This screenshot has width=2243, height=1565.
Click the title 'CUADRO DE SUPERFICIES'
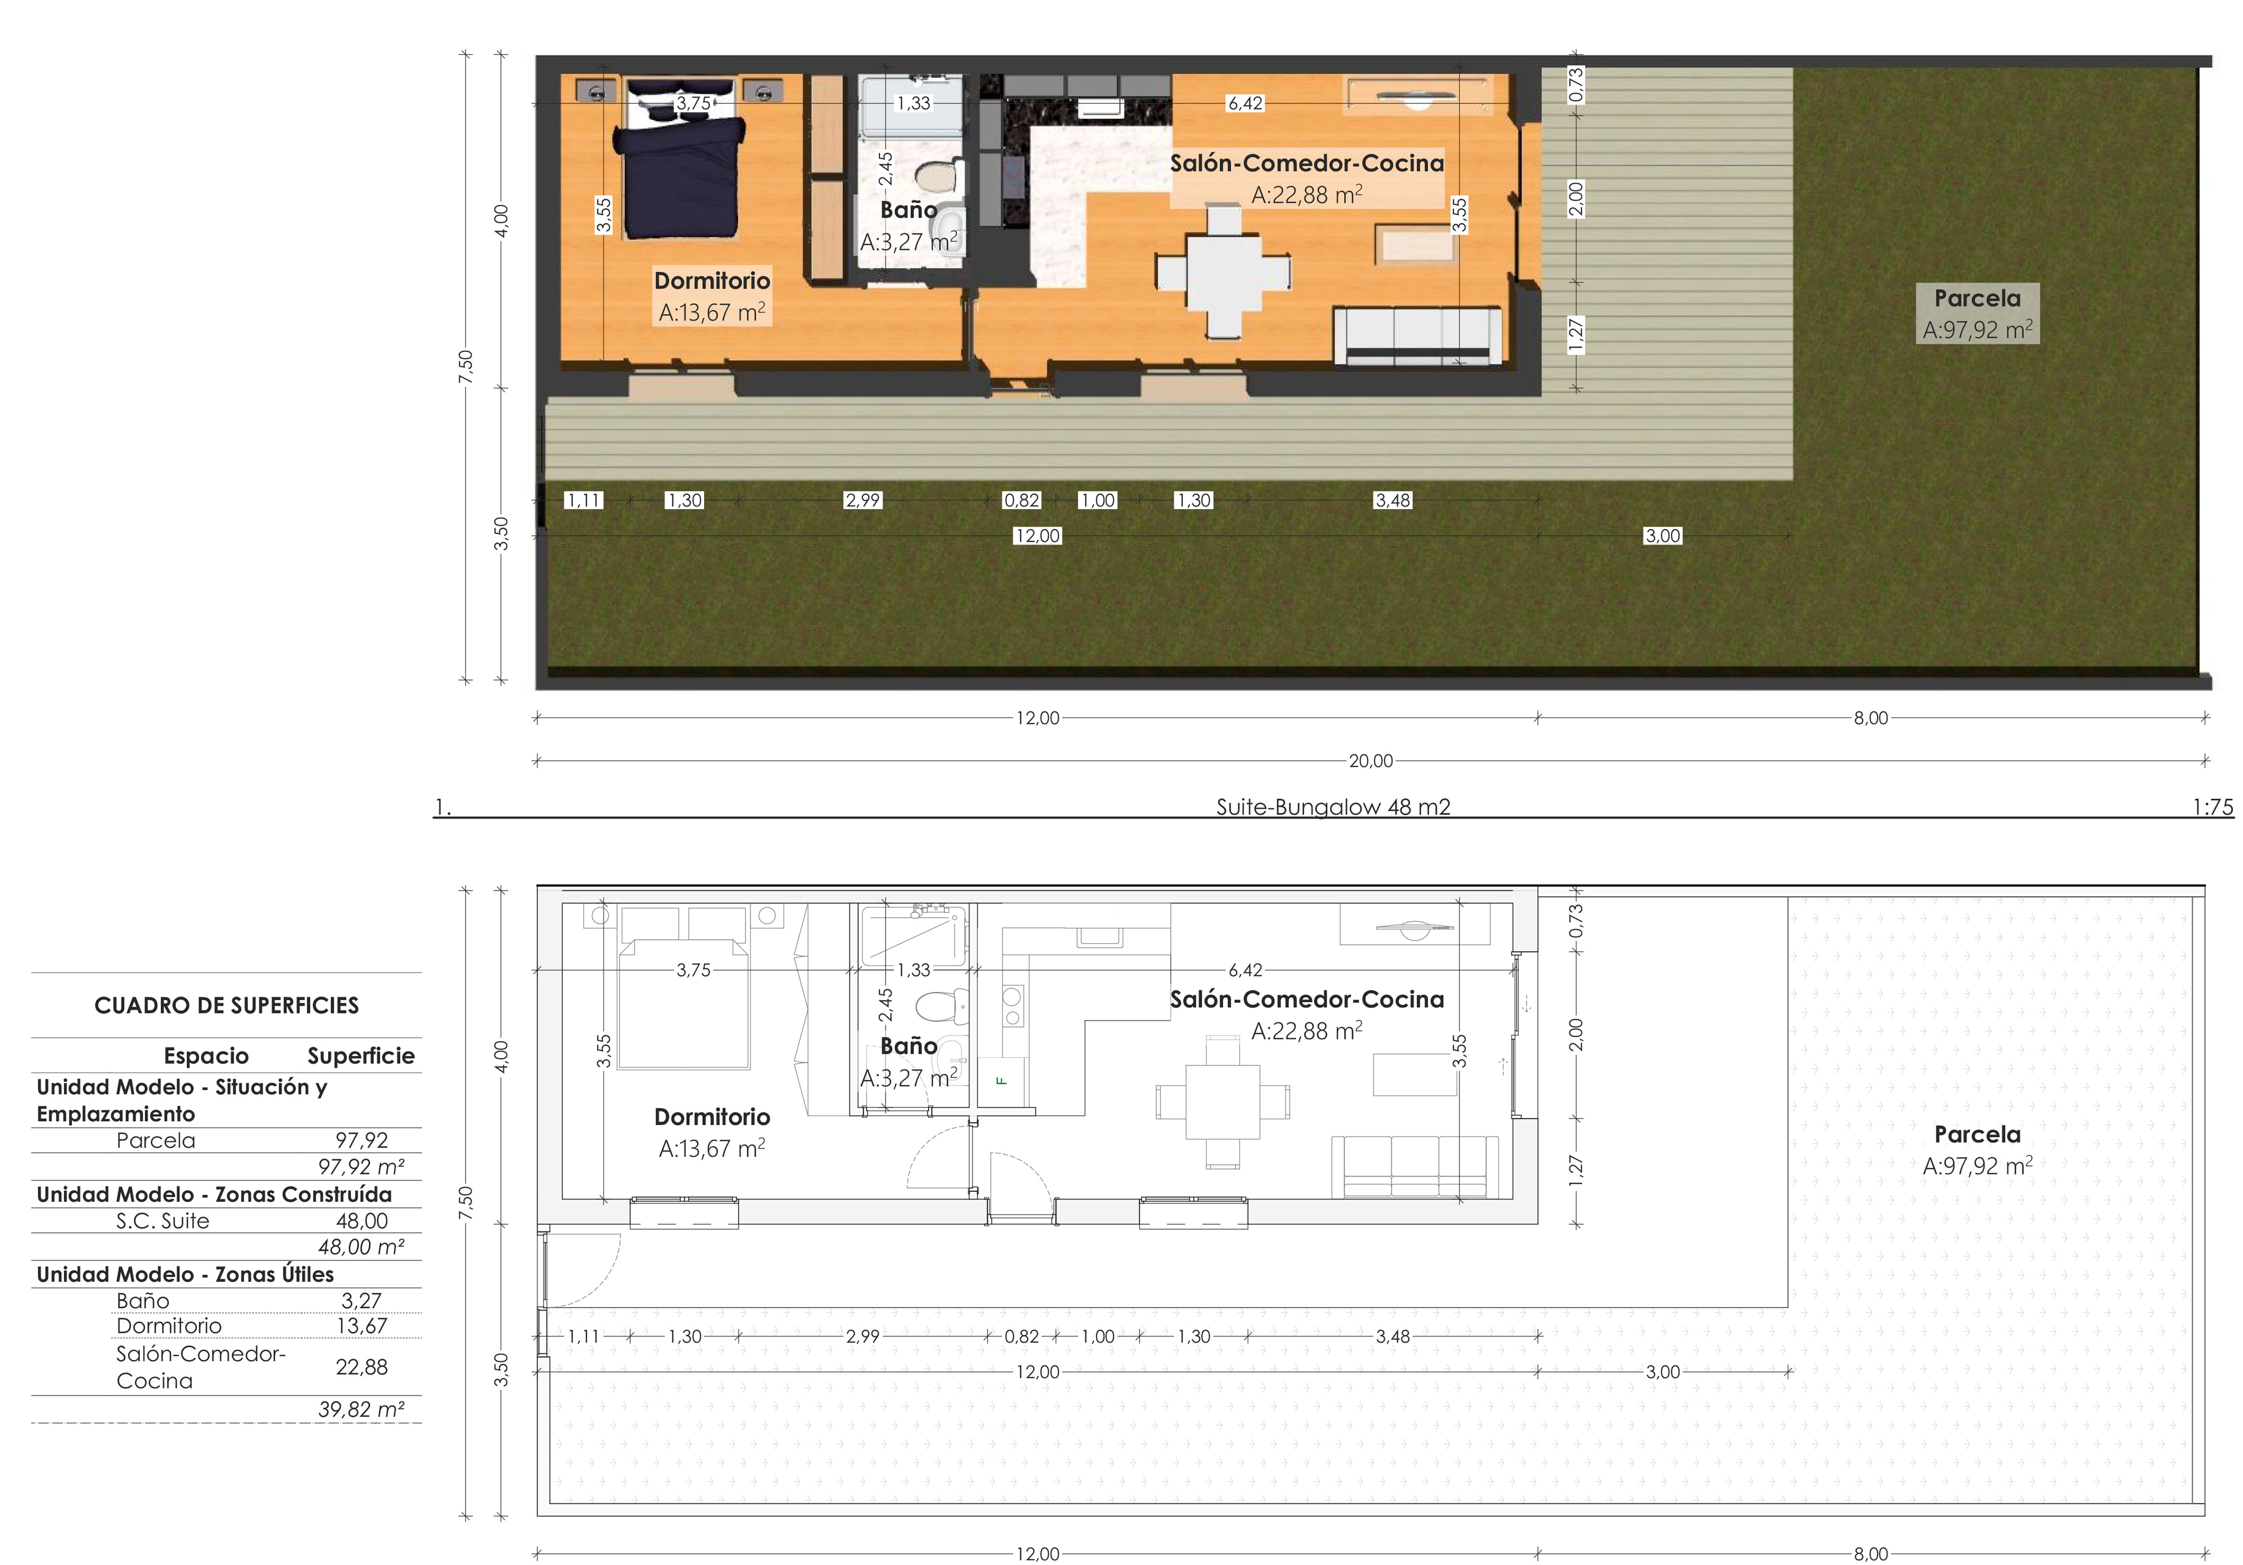coord(227,1005)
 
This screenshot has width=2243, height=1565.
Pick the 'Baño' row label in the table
coord(143,1300)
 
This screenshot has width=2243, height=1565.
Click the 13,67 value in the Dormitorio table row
coord(361,1326)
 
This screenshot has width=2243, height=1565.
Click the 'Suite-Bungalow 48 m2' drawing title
coord(1332,807)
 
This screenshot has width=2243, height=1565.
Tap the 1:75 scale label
coord(2213,807)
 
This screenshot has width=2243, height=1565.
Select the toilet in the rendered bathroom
coord(936,176)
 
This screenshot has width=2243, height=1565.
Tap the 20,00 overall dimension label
coord(1371,761)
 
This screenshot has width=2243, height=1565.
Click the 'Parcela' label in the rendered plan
coord(1977,298)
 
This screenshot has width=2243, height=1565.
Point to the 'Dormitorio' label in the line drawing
coord(712,1116)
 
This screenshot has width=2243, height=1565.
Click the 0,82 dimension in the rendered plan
coord(1022,500)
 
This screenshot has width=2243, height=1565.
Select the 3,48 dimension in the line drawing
coord(1393,1336)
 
